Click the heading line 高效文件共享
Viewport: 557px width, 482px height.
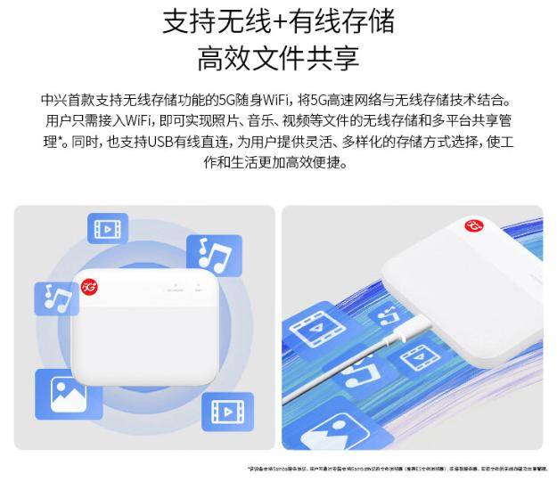(278, 58)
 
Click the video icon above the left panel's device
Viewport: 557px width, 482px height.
(107, 228)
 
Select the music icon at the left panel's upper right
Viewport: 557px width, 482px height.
(214, 256)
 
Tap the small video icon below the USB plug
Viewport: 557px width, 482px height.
(414, 359)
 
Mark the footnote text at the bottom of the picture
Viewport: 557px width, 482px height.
(397, 468)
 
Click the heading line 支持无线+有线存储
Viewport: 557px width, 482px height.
(278, 21)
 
